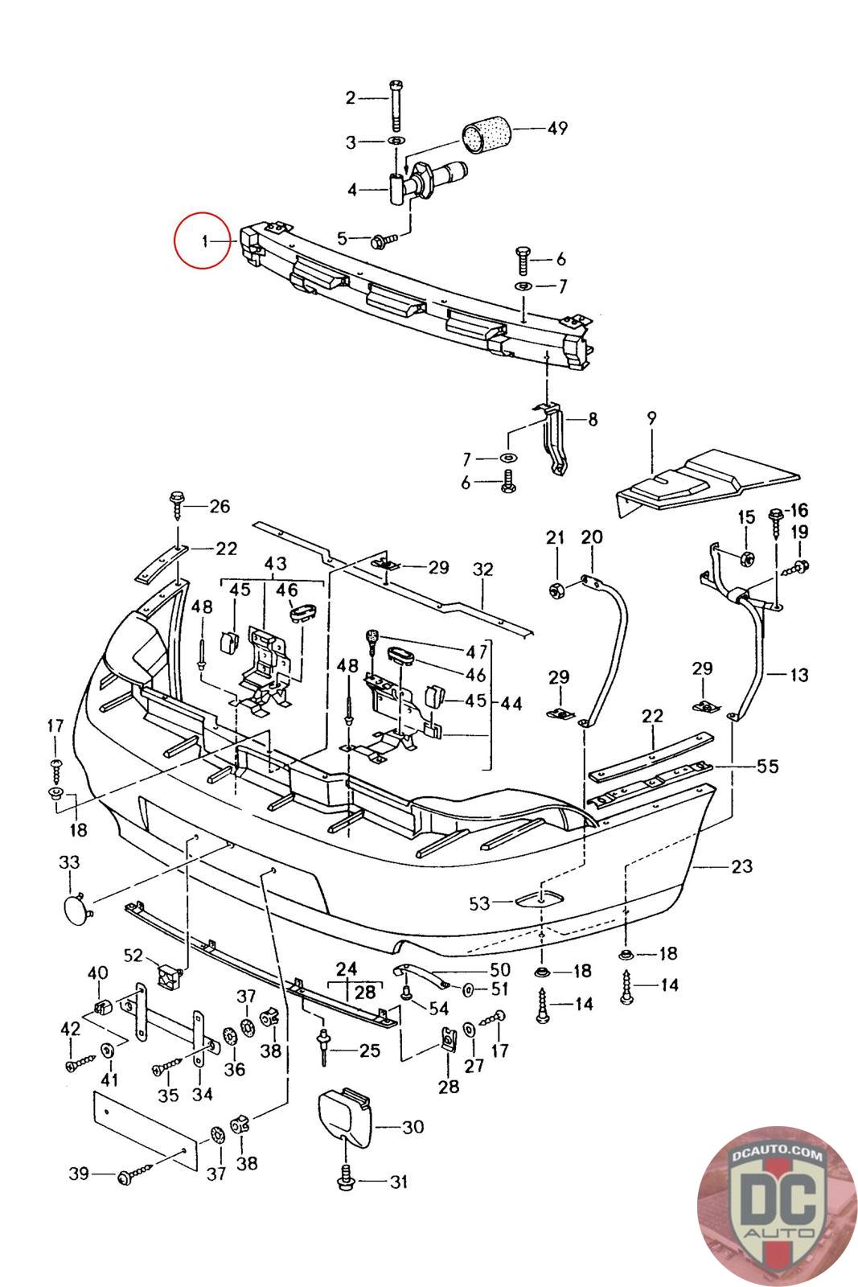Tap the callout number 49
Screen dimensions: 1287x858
tap(556, 129)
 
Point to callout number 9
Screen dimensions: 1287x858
tap(651, 419)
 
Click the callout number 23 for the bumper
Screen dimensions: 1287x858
tap(741, 866)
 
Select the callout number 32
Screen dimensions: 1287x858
tap(482, 569)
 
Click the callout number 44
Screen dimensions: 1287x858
tap(511, 704)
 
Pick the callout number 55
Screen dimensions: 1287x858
tap(768, 766)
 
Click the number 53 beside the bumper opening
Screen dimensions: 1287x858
tap(479, 903)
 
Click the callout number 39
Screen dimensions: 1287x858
tap(78, 1175)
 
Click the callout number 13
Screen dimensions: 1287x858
tap(798, 675)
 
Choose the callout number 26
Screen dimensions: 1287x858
tap(219, 506)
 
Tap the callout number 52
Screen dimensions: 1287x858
tap(133, 956)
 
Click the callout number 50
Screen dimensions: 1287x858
tap(499, 970)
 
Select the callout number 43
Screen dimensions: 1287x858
tap(275, 564)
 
